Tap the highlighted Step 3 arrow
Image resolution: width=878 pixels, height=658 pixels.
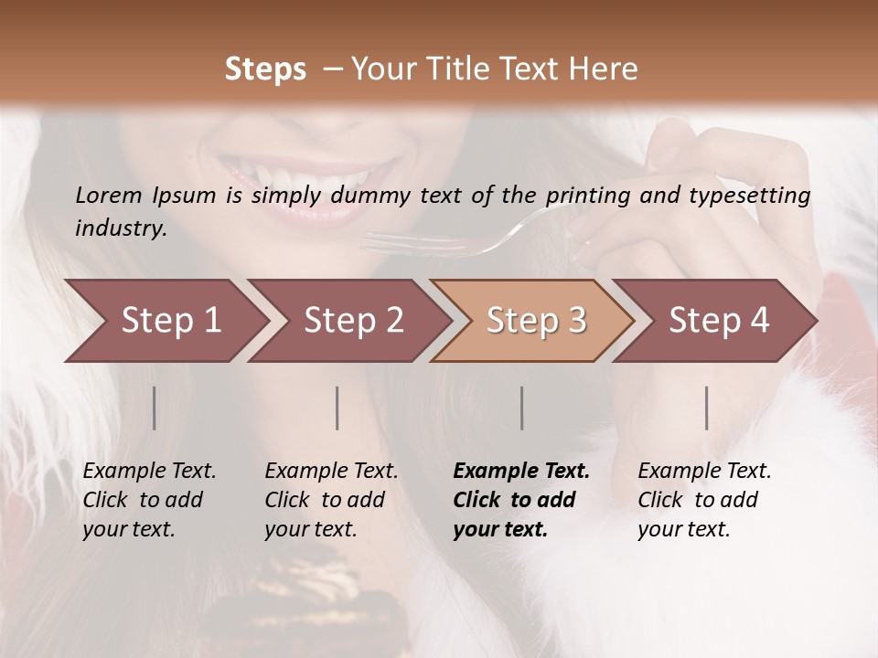click(535, 321)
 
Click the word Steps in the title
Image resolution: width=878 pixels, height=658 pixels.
click(265, 69)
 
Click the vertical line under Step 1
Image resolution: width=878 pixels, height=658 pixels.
click(155, 408)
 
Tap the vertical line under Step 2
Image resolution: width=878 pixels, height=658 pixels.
click(337, 408)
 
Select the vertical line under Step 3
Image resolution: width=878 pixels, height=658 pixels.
click(522, 408)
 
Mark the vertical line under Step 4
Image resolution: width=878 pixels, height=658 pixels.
click(707, 408)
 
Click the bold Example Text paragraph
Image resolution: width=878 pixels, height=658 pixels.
click(521, 500)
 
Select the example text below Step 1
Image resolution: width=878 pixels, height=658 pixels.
click(149, 500)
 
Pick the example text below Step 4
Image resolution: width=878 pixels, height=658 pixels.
click(704, 500)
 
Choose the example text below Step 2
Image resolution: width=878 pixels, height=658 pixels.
click(331, 500)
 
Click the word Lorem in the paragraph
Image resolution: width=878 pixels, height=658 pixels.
click(108, 196)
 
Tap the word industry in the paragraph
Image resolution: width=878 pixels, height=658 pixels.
click(120, 228)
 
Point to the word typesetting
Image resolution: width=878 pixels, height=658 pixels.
click(755, 196)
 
